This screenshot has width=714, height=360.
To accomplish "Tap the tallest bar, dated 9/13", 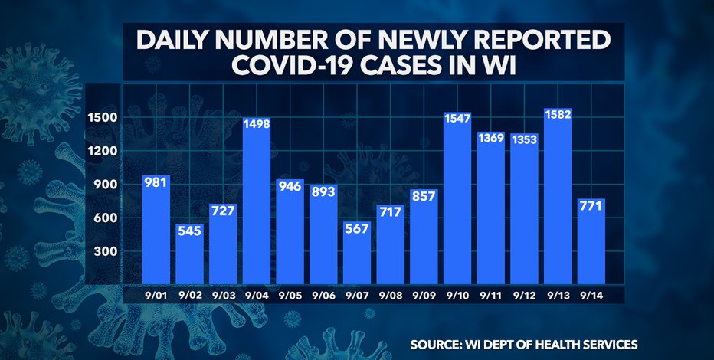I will click(558, 199).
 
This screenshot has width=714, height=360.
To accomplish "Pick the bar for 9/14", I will click(591, 245).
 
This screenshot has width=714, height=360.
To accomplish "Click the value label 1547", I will click(457, 119).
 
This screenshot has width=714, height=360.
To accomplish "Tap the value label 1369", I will click(490, 137).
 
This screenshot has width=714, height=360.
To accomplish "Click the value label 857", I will click(423, 196).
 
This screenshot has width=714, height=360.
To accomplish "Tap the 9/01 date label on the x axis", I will click(156, 293).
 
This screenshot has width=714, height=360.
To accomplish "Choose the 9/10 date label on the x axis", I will click(457, 293).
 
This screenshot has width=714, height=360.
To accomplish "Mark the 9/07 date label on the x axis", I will click(356, 293).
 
